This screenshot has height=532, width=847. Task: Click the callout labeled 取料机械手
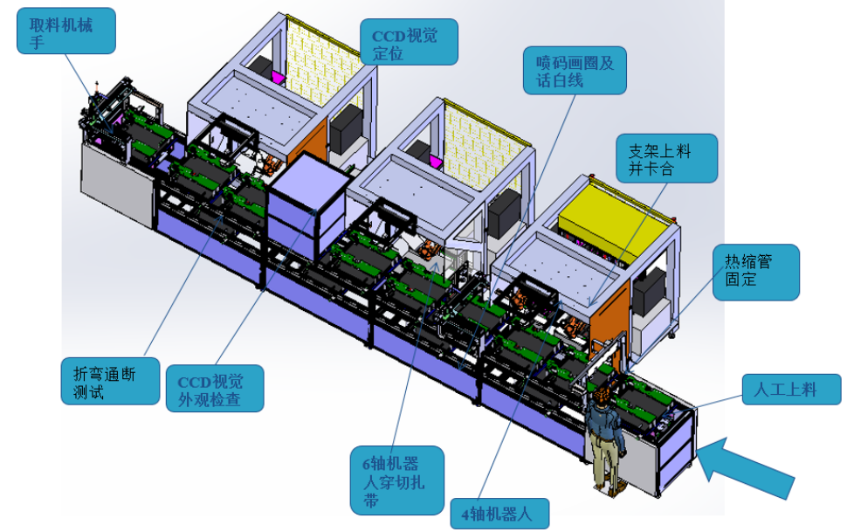65,31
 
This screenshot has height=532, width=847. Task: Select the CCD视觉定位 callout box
409,42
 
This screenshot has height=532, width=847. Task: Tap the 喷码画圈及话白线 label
575,70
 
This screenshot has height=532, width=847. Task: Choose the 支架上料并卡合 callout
666,158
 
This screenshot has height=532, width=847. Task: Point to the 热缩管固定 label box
755,272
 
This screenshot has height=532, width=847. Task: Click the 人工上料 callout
791,390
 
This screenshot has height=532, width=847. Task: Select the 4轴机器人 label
499,514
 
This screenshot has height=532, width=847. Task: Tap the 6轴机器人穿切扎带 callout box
397,480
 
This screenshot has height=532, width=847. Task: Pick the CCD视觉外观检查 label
215,388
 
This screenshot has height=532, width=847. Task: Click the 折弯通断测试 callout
110,381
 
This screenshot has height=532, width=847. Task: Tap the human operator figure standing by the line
606,438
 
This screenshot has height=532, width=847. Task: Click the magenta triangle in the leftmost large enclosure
279,78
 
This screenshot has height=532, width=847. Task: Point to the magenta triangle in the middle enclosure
434,160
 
